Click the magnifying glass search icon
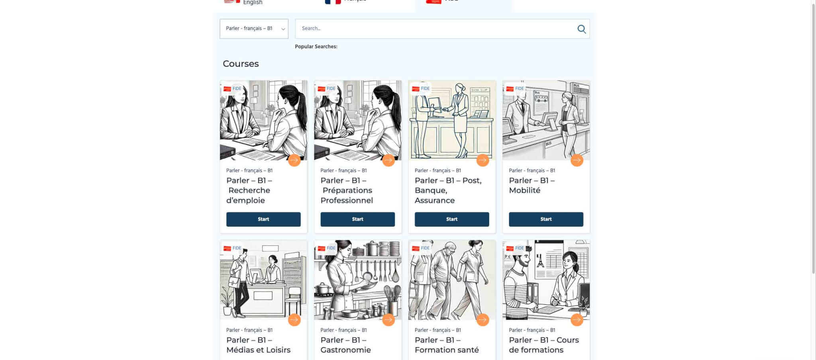pos(581,29)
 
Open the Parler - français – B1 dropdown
pos(254,29)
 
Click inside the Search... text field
pos(434,29)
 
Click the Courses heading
pos(241,64)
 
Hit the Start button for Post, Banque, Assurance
pos(451,219)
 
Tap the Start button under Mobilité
pos(545,219)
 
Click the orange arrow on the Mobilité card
pos(577,160)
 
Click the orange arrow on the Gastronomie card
pos(388,319)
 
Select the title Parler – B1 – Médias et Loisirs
pos(258,345)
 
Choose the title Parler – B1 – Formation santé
pos(446,345)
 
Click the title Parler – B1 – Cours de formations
pos(543,345)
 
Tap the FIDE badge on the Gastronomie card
pos(327,248)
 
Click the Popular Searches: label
pos(316,47)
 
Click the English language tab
pos(253,3)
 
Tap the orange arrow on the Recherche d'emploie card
pos(294,160)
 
